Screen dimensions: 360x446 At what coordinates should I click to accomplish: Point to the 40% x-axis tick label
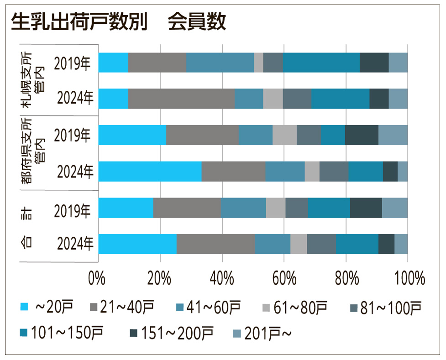pyautogui.click(x=221, y=277)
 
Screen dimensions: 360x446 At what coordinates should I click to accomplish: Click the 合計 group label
pyautogui.click(x=27, y=226)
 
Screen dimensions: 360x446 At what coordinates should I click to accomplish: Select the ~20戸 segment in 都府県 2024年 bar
pyautogui.click(x=150, y=172)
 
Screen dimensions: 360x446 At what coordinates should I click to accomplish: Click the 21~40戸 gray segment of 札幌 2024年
pyautogui.click(x=181, y=99)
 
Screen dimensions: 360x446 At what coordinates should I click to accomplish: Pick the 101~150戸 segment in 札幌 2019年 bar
pyautogui.click(x=321, y=63)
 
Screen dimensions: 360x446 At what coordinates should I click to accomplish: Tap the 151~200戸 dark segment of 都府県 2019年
pyautogui.click(x=362, y=135)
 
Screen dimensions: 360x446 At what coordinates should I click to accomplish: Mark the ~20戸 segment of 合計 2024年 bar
pyautogui.click(x=137, y=244)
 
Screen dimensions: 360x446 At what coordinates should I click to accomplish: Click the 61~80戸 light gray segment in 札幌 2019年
pyautogui.click(x=258, y=63)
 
